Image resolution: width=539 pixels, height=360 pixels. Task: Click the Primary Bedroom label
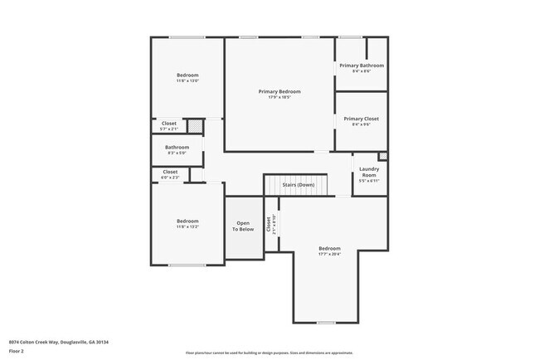coord(279,91)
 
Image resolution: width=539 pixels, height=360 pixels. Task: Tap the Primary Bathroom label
coord(361,65)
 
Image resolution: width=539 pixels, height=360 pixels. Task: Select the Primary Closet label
coord(361,119)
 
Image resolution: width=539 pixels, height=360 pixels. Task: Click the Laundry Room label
coord(368,172)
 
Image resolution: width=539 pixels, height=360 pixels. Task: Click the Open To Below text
coord(243,226)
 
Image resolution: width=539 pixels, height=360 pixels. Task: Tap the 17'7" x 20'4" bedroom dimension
coord(329,255)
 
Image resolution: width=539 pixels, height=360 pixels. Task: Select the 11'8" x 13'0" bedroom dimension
coord(187,81)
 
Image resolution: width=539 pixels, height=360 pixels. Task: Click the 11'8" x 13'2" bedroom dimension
coord(187,227)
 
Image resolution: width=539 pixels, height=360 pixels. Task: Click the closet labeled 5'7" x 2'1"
coord(168,126)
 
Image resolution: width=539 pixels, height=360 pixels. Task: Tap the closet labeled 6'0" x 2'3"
coord(169,174)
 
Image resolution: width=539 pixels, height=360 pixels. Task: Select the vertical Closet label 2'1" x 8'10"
coord(270,224)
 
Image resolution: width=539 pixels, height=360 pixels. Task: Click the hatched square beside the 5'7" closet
coord(193,125)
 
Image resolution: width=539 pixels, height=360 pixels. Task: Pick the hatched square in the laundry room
coord(382,156)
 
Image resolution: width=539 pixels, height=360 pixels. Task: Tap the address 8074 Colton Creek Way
coord(59,342)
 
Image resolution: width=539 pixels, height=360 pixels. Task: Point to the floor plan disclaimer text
coord(269,353)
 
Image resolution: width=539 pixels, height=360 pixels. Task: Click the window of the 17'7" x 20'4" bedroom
coord(326,322)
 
